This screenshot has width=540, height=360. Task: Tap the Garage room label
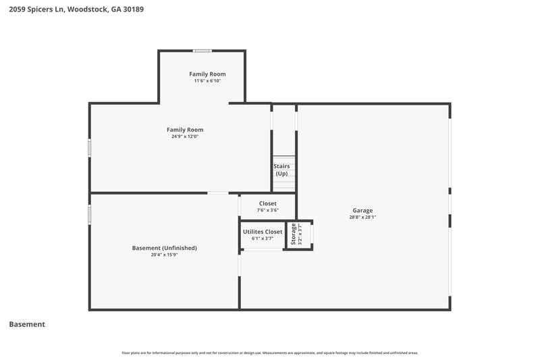point(362,210)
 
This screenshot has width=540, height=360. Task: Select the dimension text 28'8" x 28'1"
point(362,217)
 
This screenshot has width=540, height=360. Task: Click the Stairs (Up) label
point(281,170)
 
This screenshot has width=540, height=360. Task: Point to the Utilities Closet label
point(263,232)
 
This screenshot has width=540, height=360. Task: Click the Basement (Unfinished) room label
point(164,248)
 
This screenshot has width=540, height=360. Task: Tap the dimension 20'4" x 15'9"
point(164,255)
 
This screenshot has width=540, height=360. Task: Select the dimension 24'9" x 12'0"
point(185,136)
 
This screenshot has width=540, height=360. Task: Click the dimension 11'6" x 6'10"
point(207,81)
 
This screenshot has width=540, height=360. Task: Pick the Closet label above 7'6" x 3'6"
point(268,203)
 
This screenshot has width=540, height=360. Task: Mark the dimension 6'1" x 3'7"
point(263,238)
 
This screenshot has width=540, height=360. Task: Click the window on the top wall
point(202,51)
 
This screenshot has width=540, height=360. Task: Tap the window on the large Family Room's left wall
point(90,148)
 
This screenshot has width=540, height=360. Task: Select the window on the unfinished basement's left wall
point(90,214)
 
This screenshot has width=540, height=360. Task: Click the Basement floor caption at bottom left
point(27,324)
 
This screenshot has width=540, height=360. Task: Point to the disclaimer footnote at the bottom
point(269,353)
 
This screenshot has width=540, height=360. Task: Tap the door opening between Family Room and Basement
point(217,193)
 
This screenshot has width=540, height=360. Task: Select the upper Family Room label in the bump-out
point(207,74)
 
